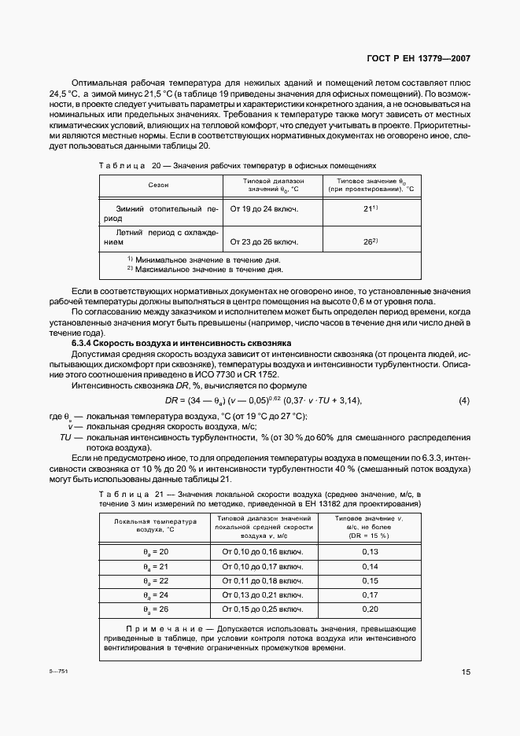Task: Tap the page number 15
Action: point(466,672)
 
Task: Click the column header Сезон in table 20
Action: point(157,185)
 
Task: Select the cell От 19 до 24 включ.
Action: point(264,210)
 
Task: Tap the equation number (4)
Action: point(463,401)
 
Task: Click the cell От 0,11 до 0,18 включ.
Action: point(263,580)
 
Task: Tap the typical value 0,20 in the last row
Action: point(370,609)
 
